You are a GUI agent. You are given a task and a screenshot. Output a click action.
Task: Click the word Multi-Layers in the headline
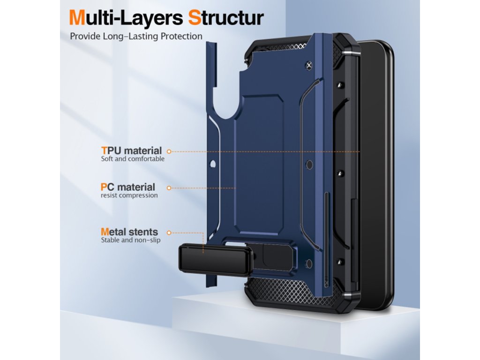(x=125, y=18)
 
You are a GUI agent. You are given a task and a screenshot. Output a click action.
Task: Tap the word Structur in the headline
(x=225, y=18)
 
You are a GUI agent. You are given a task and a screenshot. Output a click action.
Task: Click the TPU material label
(x=131, y=151)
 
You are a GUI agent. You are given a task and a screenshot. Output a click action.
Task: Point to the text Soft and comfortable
(x=133, y=159)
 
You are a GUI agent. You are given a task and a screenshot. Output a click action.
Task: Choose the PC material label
(x=128, y=187)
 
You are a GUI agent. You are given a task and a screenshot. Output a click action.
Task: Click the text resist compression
(x=129, y=195)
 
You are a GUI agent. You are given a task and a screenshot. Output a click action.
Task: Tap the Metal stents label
(x=129, y=232)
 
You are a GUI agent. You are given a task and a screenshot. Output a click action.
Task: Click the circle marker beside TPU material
(x=169, y=151)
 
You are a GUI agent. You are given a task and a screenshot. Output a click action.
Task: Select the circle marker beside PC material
(x=169, y=187)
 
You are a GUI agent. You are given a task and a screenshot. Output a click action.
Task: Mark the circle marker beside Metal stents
(x=169, y=232)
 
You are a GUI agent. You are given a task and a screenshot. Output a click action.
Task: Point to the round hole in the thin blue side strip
(x=213, y=165)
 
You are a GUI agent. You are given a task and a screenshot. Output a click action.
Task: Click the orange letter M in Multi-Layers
(x=78, y=18)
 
